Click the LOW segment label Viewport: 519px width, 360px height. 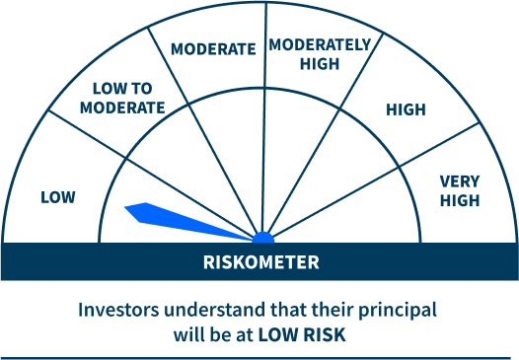(57, 197)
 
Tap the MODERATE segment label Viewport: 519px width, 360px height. (212, 48)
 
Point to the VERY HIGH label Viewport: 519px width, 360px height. (459, 191)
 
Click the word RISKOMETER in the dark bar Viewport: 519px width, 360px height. (260, 262)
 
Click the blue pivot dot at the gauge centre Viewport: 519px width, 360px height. (262, 238)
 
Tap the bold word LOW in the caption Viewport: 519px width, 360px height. (277, 334)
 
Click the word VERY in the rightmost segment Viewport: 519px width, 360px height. (459, 181)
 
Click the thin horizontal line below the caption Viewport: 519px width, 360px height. (259, 358)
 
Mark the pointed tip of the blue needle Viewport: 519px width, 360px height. (126, 207)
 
